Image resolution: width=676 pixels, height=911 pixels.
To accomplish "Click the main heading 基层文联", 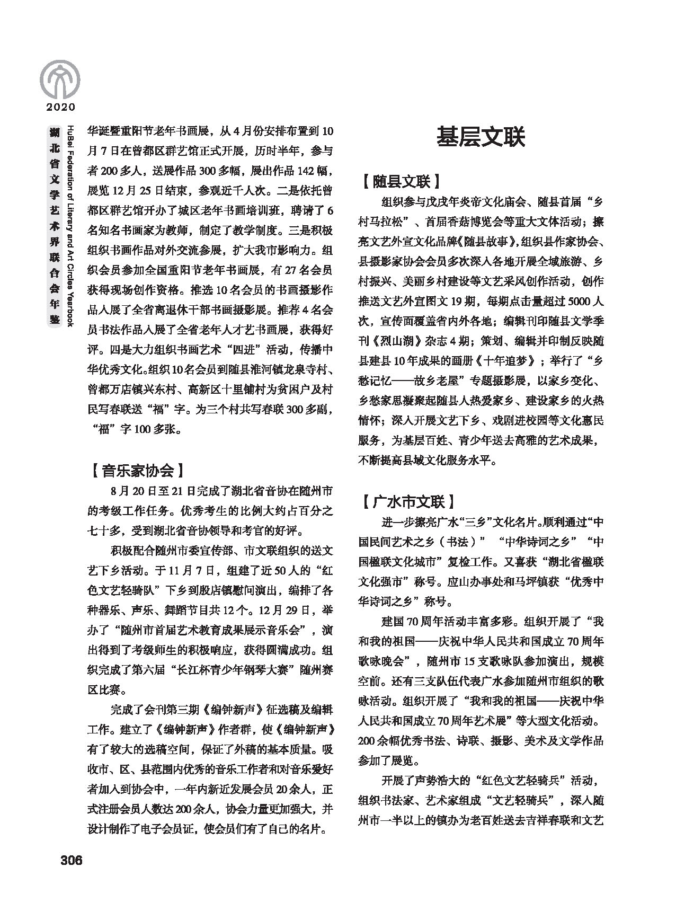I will coord(481,137).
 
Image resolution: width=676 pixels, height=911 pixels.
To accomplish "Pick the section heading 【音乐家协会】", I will coord(137,470).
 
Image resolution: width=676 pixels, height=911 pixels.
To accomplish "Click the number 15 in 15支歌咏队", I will coord(470,661).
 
